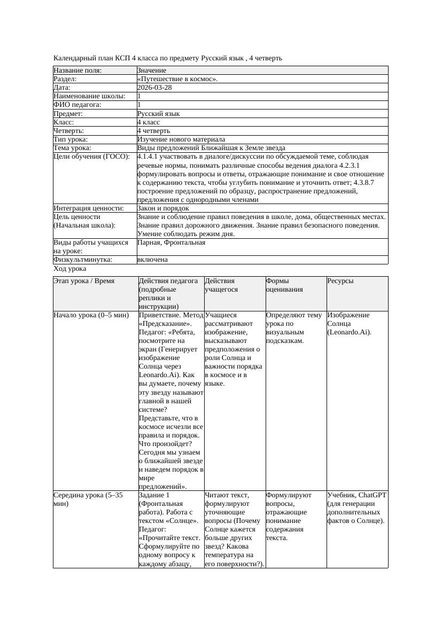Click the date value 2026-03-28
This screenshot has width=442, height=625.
point(154,88)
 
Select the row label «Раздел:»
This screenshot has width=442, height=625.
point(67,79)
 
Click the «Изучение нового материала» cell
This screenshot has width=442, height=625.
point(181,139)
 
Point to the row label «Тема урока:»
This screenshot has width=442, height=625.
point(73,148)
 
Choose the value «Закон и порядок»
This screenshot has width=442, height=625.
point(163,208)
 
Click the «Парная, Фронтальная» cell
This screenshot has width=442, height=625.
point(171,243)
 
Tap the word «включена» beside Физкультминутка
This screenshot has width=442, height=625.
point(152,260)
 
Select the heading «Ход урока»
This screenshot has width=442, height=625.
point(70,269)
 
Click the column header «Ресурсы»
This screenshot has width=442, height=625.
point(340,281)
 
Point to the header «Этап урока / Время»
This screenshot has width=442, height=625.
point(84,281)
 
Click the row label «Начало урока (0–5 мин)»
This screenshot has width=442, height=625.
point(91,315)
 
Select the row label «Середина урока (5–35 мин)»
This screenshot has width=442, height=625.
point(88,499)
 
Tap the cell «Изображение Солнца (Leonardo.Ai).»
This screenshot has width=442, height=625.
point(350,324)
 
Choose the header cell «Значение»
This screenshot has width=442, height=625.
point(152,71)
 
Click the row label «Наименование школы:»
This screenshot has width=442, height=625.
point(90,96)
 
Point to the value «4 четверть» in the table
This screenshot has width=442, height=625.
point(153,131)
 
